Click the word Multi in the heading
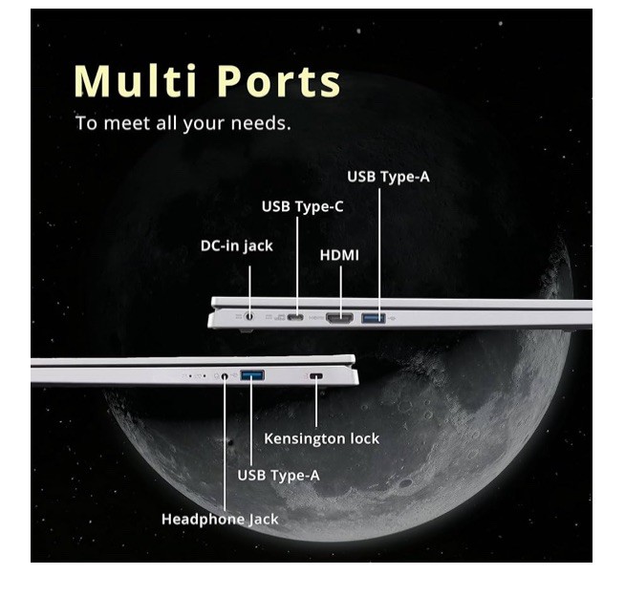[x=135, y=81]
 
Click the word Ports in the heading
[x=279, y=81]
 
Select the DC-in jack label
[x=237, y=246]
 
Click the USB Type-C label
[x=303, y=206]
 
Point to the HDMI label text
[x=339, y=255]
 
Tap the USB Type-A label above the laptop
[x=389, y=177]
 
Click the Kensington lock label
[x=322, y=438]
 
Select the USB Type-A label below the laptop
[x=279, y=476]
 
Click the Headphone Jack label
[x=220, y=519]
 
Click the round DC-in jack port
[x=249, y=317]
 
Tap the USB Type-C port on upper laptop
[x=295, y=317]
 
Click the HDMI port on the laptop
[x=339, y=318]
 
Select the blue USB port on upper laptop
[x=374, y=318]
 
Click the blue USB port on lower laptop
[x=252, y=375]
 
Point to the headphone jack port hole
[x=225, y=375]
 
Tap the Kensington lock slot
[x=316, y=375]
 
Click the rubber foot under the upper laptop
[x=246, y=330]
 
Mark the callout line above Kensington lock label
[x=316, y=401]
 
